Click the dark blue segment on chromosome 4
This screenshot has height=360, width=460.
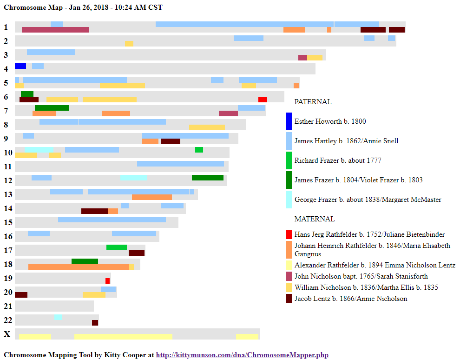(x=20, y=66)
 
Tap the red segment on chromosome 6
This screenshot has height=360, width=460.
(x=263, y=100)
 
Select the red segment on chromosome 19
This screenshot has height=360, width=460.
(x=107, y=281)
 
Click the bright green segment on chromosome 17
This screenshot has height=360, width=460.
(x=117, y=247)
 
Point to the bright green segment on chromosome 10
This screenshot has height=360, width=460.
(x=199, y=150)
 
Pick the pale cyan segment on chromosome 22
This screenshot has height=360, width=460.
(x=59, y=317)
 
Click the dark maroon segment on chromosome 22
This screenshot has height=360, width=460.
(x=95, y=323)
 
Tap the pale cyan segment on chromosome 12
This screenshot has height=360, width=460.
(x=134, y=178)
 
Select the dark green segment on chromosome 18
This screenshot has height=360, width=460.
(x=85, y=261)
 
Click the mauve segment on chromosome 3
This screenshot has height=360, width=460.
(x=302, y=58)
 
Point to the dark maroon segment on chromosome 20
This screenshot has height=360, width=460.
(x=21, y=295)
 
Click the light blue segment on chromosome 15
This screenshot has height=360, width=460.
(x=112, y=220)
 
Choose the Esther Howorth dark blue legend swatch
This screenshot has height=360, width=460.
(x=289, y=121)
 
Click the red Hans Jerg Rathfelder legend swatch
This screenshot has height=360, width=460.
(x=289, y=234)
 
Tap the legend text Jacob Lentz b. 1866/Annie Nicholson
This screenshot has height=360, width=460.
(x=350, y=299)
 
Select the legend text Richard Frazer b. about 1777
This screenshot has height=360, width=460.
(x=338, y=160)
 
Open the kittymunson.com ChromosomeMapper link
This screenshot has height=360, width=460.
(x=242, y=355)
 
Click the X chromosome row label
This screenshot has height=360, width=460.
(x=7, y=334)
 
